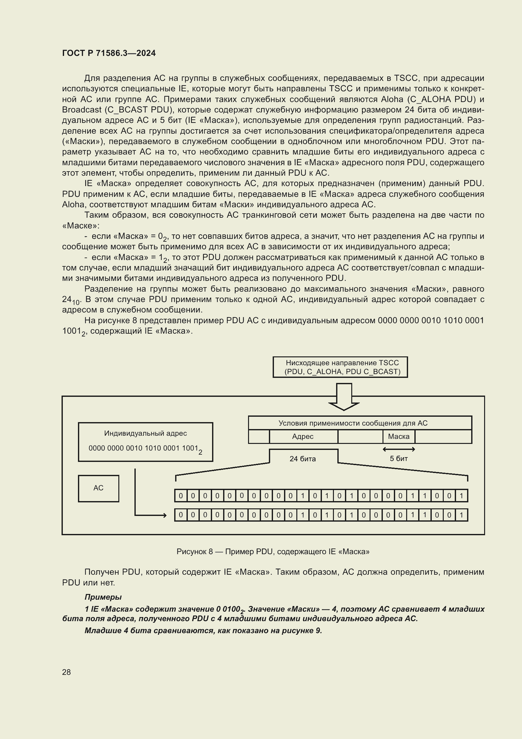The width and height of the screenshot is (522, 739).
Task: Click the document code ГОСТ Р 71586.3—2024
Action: click(109, 53)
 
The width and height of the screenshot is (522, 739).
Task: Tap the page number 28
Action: click(66, 672)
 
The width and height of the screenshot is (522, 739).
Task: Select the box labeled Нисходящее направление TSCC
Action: click(340, 367)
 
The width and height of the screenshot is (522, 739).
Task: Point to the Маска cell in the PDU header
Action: click(399, 436)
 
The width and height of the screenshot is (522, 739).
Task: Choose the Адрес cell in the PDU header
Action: click(303, 436)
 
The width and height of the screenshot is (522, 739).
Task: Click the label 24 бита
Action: click(302, 459)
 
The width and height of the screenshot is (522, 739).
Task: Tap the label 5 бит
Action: click(399, 459)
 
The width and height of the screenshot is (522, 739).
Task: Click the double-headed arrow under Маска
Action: click(399, 449)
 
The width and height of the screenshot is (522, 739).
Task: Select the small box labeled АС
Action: click(98, 488)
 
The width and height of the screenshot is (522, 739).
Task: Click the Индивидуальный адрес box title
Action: click(145, 433)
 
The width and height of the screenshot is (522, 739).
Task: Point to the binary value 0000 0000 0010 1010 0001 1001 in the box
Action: click(143, 448)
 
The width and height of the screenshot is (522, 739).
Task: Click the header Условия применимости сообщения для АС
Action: click(353, 423)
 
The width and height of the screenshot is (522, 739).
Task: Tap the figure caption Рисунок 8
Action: click(273, 551)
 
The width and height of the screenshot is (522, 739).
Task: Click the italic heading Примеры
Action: click(103, 597)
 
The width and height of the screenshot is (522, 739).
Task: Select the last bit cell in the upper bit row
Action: click(461, 496)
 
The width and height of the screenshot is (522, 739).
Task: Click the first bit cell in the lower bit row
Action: click(181, 515)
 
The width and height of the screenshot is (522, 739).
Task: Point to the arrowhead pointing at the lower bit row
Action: click(164, 515)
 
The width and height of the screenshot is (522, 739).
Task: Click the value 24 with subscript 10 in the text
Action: click(70, 300)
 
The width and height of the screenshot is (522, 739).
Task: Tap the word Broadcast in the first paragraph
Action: click(82, 110)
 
